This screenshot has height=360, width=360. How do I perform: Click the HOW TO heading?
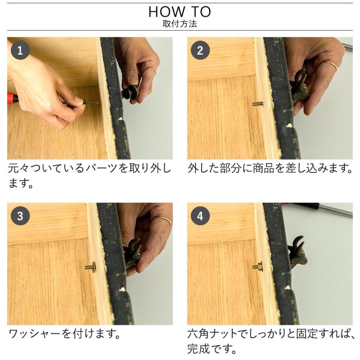pos(180,12)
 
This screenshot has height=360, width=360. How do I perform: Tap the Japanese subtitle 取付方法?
pos(180,24)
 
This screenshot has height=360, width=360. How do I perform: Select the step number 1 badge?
pos(20,50)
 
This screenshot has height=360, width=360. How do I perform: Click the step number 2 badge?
pos(200,50)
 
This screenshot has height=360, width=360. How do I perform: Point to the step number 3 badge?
pos(20,216)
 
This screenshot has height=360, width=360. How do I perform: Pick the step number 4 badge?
pos(200,216)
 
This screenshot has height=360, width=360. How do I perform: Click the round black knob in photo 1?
pos(130,93)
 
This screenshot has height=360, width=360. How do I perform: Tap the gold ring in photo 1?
pos(152,70)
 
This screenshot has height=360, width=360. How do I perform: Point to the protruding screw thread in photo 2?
pos(257,104)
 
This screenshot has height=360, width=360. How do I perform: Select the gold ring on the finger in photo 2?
pos(332,66)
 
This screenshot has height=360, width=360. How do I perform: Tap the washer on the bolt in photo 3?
pos(94,267)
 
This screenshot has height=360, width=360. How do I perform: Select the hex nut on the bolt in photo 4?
pos(260,266)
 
